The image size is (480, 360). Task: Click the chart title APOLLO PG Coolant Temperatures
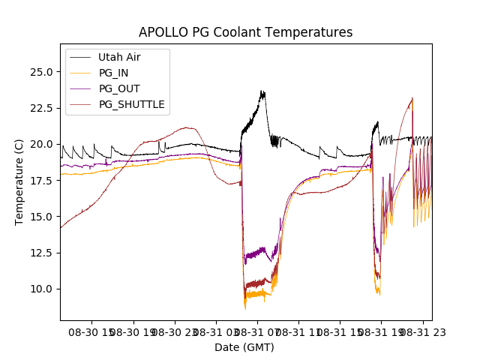245,33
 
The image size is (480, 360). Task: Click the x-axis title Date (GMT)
244,347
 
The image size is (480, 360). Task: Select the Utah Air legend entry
119,57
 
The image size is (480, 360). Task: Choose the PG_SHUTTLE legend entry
131,104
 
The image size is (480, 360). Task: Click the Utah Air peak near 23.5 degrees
262,93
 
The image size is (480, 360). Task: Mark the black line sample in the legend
80,57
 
